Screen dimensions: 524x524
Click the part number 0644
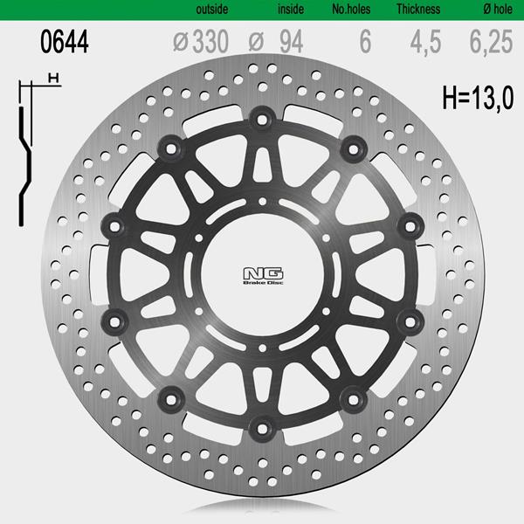(x=64, y=41)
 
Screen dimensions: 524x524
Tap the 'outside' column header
(x=212, y=9)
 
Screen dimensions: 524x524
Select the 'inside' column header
(x=291, y=9)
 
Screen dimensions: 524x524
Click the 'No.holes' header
(x=351, y=9)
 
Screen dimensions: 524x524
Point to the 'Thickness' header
(x=418, y=9)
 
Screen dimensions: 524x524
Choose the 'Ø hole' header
(x=498, y=9)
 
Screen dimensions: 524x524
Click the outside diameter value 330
(x=210, y=41)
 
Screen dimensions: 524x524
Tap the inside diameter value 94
(x=292, y=41)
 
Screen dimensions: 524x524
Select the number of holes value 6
(x=365, y=41)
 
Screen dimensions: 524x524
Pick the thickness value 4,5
(x=426, y=42)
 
